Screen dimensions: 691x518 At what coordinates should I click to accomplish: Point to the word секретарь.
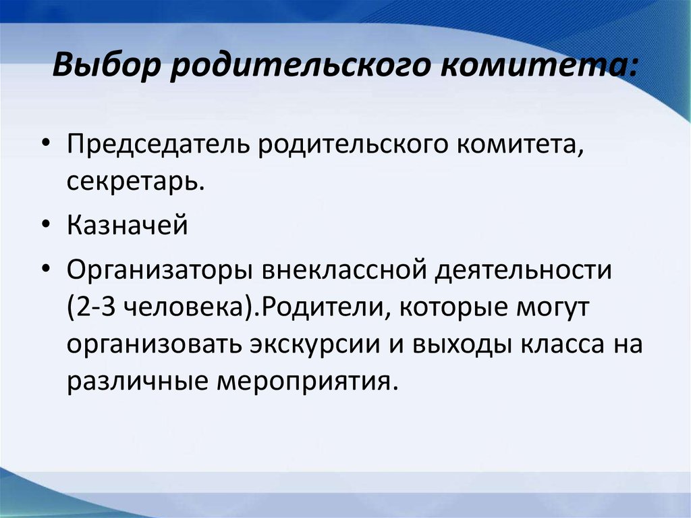tap(136, 181)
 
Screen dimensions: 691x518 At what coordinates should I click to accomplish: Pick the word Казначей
tap(128, 225)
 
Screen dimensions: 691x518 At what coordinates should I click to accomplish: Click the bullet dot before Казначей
tap(47, 225)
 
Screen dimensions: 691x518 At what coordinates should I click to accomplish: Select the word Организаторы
tap(159, 270)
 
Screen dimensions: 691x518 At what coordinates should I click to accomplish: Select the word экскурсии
tap(314, 345)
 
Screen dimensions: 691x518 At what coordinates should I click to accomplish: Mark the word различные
tap(137, 382)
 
